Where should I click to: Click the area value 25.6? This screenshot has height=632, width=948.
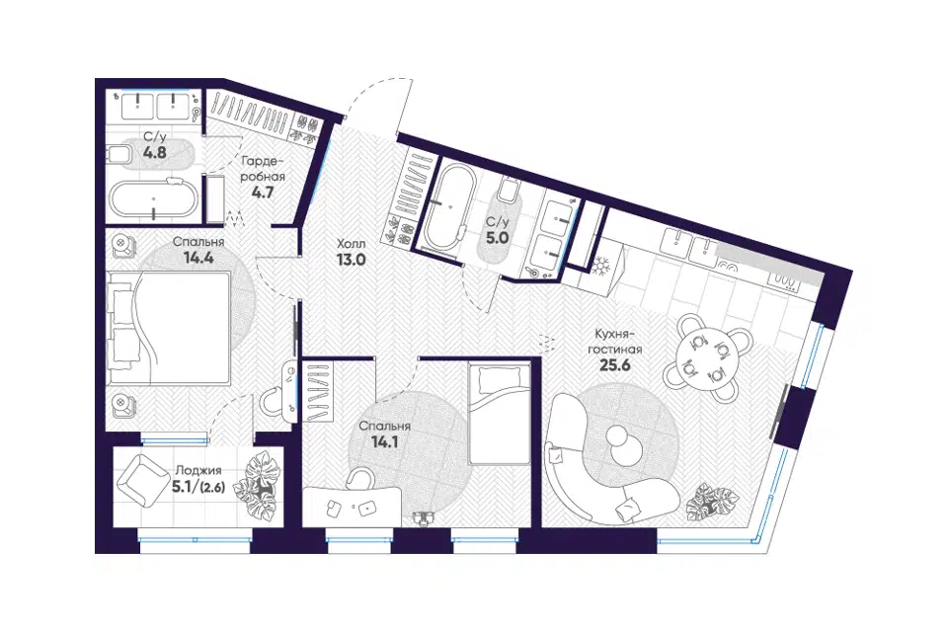[x=614, y=364]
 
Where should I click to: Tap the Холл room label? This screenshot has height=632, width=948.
[x=352, y=244]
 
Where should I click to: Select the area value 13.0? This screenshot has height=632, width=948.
[x=352, y=260]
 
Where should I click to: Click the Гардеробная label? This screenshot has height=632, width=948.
[x=263, y=169]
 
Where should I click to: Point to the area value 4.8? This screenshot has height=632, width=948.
[x=155, y=152]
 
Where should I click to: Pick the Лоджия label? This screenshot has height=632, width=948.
[x=198, y=470]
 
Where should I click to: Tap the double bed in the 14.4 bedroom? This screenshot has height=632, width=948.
[x=169, y=327]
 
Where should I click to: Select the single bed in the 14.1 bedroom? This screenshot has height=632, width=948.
[x=498, y=413]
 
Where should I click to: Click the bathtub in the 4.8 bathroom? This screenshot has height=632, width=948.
[x=154, y=198]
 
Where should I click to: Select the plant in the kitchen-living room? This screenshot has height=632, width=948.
[x=712, y=502]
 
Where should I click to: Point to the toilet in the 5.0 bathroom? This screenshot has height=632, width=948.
[x=509, y=192]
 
